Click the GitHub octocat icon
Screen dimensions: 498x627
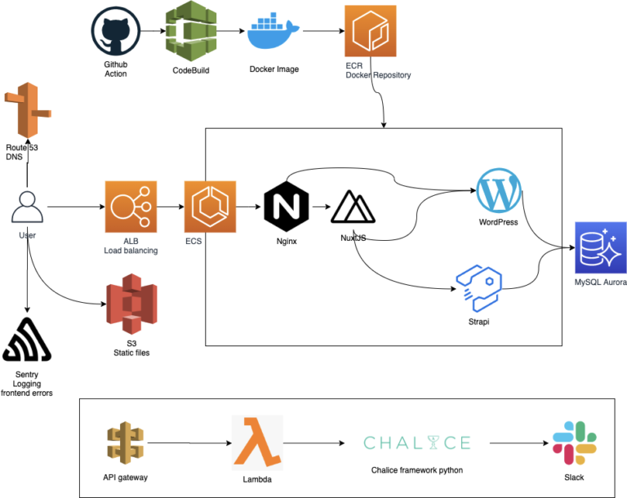[x=116, y=32]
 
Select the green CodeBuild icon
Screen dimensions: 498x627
[x=189, y=30]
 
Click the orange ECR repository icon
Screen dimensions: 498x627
[x=370, y=31]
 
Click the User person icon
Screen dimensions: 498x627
[x=28, y=207]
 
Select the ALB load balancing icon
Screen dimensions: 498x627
[x=130, y=207]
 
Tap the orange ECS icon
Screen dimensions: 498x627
[x=210, y=207]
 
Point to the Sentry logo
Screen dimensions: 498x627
[x=27, y=341]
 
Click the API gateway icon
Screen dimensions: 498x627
[x=123, y=442]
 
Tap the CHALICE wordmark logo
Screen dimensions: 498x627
[x=416, y=443]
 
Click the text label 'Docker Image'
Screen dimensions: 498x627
[x=273, y=69]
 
